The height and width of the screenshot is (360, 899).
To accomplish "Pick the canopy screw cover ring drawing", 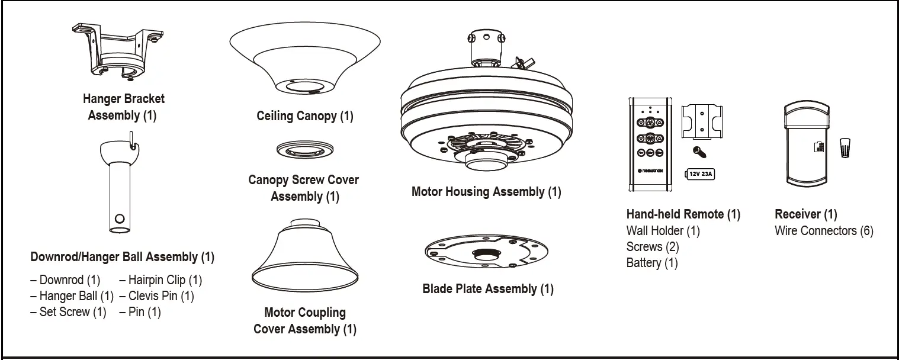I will tap(304, 150).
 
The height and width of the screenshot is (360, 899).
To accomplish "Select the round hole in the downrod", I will tap(120, 218).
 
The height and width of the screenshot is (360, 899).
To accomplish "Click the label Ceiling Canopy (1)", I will tap(304, 116).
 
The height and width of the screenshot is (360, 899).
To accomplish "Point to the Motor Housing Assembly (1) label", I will tap(486, 192).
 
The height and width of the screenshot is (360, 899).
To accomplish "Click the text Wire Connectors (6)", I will tap(824, 231).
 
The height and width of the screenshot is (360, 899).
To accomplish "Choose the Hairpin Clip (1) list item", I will tap(160, 280).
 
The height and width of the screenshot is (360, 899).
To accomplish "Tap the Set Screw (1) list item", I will tap(68, 312).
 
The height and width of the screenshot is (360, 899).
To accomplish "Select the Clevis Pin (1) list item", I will tap(156, 296).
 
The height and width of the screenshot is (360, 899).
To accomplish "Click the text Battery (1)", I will tap(652, 263).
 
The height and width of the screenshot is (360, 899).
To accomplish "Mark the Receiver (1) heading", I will tap(805, 214).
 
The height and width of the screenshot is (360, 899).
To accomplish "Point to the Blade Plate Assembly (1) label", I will tap(488, 289).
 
